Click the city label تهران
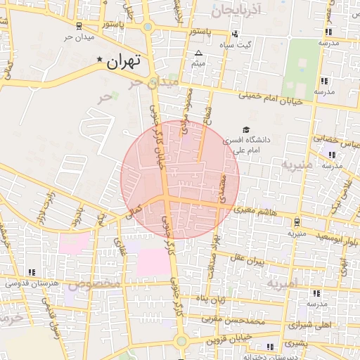point(124,62)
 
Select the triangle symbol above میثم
point(198,53)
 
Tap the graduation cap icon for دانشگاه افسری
point(246,129)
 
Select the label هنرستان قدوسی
point(32,283)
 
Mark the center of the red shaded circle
point(180,179)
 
